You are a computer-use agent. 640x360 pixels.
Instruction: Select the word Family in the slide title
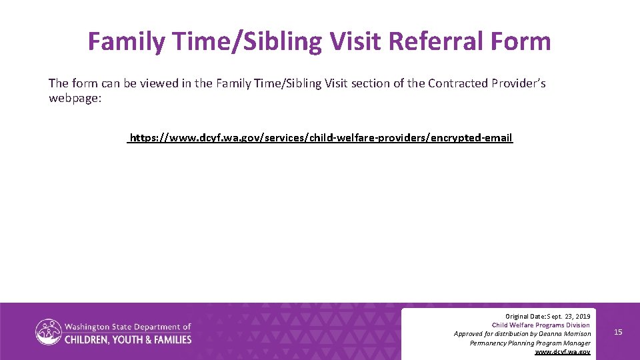point(127,41)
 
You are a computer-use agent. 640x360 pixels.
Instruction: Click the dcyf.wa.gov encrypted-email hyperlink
point(321,138)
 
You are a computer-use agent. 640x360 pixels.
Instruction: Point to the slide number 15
point(618,332)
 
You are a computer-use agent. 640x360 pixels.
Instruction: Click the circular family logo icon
point(49,332)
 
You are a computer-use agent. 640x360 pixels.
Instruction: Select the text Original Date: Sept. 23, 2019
point(547,315)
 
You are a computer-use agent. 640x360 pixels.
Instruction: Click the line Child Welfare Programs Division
point(541,325)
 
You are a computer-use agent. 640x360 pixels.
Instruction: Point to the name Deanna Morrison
point(565,333)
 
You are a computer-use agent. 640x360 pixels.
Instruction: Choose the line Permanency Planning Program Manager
point(530,343)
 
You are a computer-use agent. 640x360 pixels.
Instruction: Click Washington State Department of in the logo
point(127,327)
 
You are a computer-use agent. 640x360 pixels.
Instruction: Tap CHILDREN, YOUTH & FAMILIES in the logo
point(127,339)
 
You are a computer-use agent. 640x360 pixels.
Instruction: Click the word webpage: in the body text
point(75,98)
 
